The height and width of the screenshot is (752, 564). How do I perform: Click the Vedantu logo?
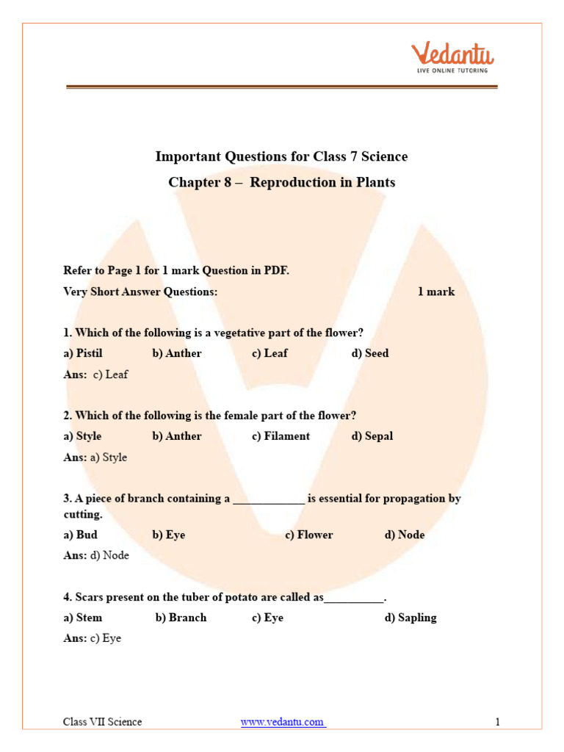pyautogui.click(x=452, y=57)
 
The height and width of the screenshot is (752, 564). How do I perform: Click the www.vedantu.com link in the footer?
pyautogui.click(x=283, y=722)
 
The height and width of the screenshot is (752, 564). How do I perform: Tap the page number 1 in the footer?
pyautogui.click(x=497, y=722)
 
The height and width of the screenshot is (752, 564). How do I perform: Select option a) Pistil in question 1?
pyautogui.click(x=83, y=353)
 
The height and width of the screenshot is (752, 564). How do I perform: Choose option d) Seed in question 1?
pyautogui.click(x=370, y=353)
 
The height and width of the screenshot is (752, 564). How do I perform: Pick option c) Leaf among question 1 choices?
pyautogui.click(x=270, y=353)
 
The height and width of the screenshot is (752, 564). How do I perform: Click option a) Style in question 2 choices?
pyautogui.click(x=83, y=436)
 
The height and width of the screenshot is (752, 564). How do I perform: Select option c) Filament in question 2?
pyautogui.click(x=281, y=436)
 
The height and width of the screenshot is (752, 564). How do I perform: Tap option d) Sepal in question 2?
pyautogui.click(x=372, y=436)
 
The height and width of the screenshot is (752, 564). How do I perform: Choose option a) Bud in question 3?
pyautogui.click(x=80, y=535)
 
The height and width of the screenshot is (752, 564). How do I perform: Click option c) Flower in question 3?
pyautogui.click(x=308, y=535)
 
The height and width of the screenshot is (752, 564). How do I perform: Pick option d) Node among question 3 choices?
pyautogui.click(x=404, y=535)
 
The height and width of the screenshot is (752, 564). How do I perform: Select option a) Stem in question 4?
pyautogui.click(x=83, y=618)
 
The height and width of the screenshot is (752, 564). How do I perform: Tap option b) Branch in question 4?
pyautogui.click(x=181, y=618)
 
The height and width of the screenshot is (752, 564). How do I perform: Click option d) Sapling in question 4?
pyautogui.click(x=410, y=618)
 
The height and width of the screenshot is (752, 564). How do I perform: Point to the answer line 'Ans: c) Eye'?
pyautogui.click(x=93, y=639)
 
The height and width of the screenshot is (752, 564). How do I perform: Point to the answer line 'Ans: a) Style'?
pyautogui.click(x=95, y=458)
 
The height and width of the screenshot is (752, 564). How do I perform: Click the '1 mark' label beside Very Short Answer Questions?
pyautogui.click(x=436, y=292)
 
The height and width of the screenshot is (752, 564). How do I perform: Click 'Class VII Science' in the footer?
pyautogui.click(x=102, y=722)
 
